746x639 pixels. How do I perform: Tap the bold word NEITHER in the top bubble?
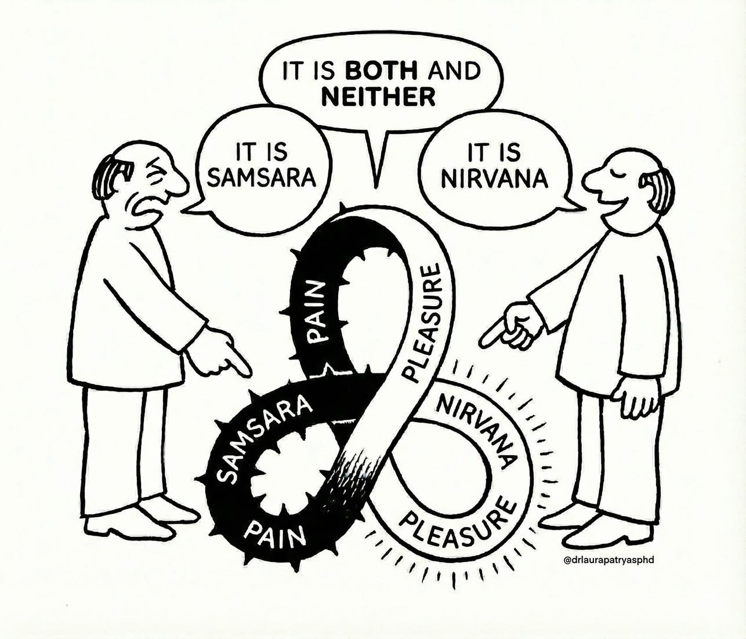[378, 96]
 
